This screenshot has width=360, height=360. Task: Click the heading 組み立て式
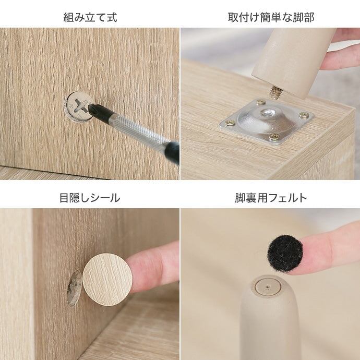pos(90,18)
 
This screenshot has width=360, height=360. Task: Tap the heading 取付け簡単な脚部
pos(271,18)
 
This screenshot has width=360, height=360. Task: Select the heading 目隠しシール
pos(90,198)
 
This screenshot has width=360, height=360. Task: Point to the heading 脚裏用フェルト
pos(271,198)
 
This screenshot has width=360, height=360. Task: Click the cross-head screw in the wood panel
pos(79,106)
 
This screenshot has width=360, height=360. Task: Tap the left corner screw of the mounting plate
pos(230,123)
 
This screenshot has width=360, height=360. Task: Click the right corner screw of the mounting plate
pos(304,115)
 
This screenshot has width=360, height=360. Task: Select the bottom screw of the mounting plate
pos(274,137)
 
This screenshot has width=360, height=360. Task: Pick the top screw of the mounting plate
pos(260,102)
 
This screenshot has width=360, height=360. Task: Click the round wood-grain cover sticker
pos(107,280)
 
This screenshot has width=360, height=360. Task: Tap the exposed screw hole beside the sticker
pos(74,289)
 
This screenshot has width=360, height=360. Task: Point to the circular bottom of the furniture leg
pos(268,287)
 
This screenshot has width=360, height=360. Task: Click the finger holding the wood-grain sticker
pos(153,267)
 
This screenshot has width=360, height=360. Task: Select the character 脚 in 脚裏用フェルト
pos(240,198)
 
